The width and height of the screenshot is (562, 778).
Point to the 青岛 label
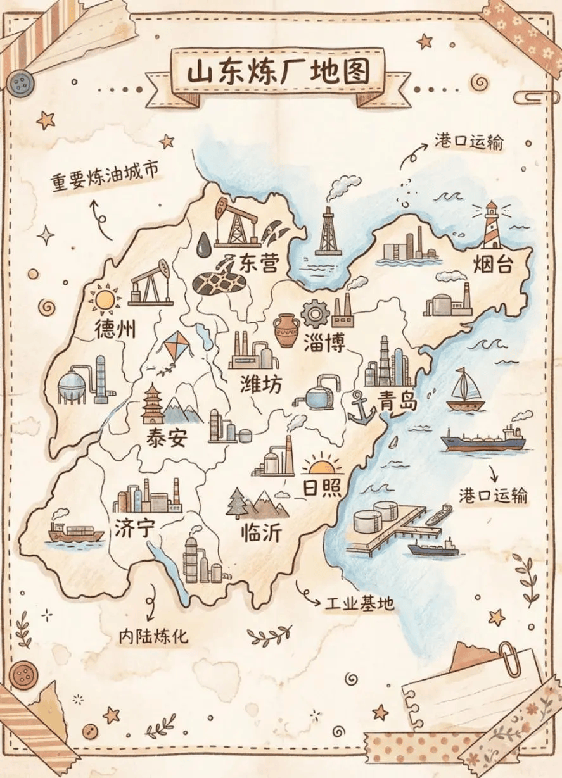coord(397,399)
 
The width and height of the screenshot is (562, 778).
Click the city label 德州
coord(115,329)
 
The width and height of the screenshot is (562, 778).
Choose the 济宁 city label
coord(134,527)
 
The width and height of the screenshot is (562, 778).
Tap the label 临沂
coord(260,533)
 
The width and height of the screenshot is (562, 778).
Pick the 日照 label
coord(322,487)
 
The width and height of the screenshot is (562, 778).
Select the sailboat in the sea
coord(466,390)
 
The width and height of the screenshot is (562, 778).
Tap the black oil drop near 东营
coord(204,244)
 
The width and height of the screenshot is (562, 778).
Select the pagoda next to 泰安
coord(152,405)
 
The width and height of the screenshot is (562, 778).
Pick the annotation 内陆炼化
coord(153,636)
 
